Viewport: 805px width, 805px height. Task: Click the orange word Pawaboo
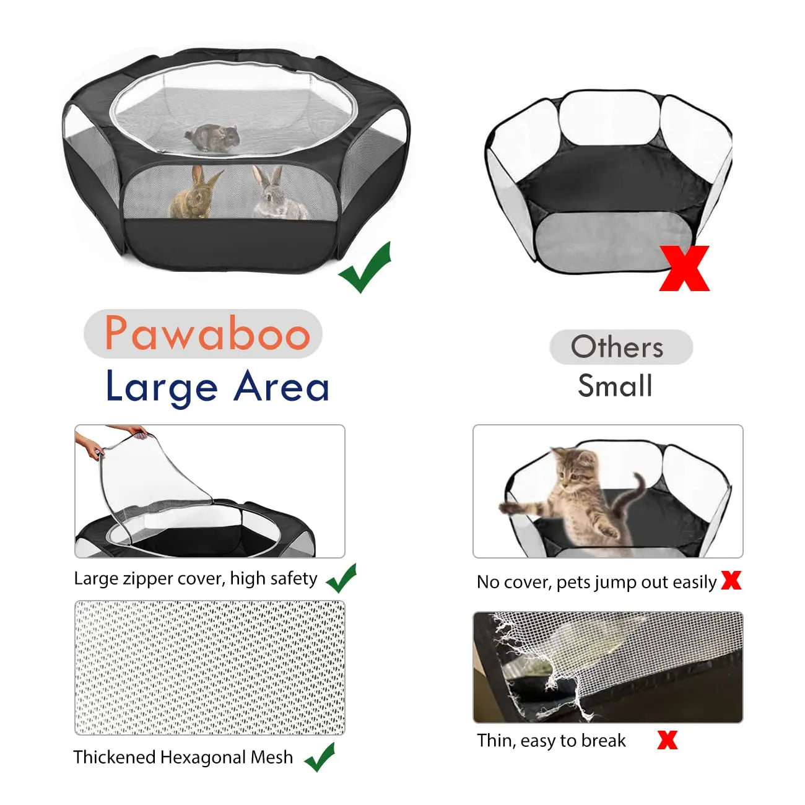tap(207, 333)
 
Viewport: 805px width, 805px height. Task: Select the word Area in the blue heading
tap(282, 387)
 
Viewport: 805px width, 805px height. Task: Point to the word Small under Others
tap(615, 386)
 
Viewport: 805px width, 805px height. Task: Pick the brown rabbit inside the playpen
tap(195, 193)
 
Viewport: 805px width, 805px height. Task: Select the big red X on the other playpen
tap(684, 268)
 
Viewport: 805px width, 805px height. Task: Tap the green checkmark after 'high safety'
tap(341, 578)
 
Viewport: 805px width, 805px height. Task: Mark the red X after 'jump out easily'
tap(731, 580)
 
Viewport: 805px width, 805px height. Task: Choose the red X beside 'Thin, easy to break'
tap(667, 739)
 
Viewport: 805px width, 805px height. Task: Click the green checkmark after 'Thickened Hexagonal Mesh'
tap(320, 757)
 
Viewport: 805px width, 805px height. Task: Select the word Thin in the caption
tap(495, 741)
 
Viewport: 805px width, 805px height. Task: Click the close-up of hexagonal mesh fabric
tap(209, 667)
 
